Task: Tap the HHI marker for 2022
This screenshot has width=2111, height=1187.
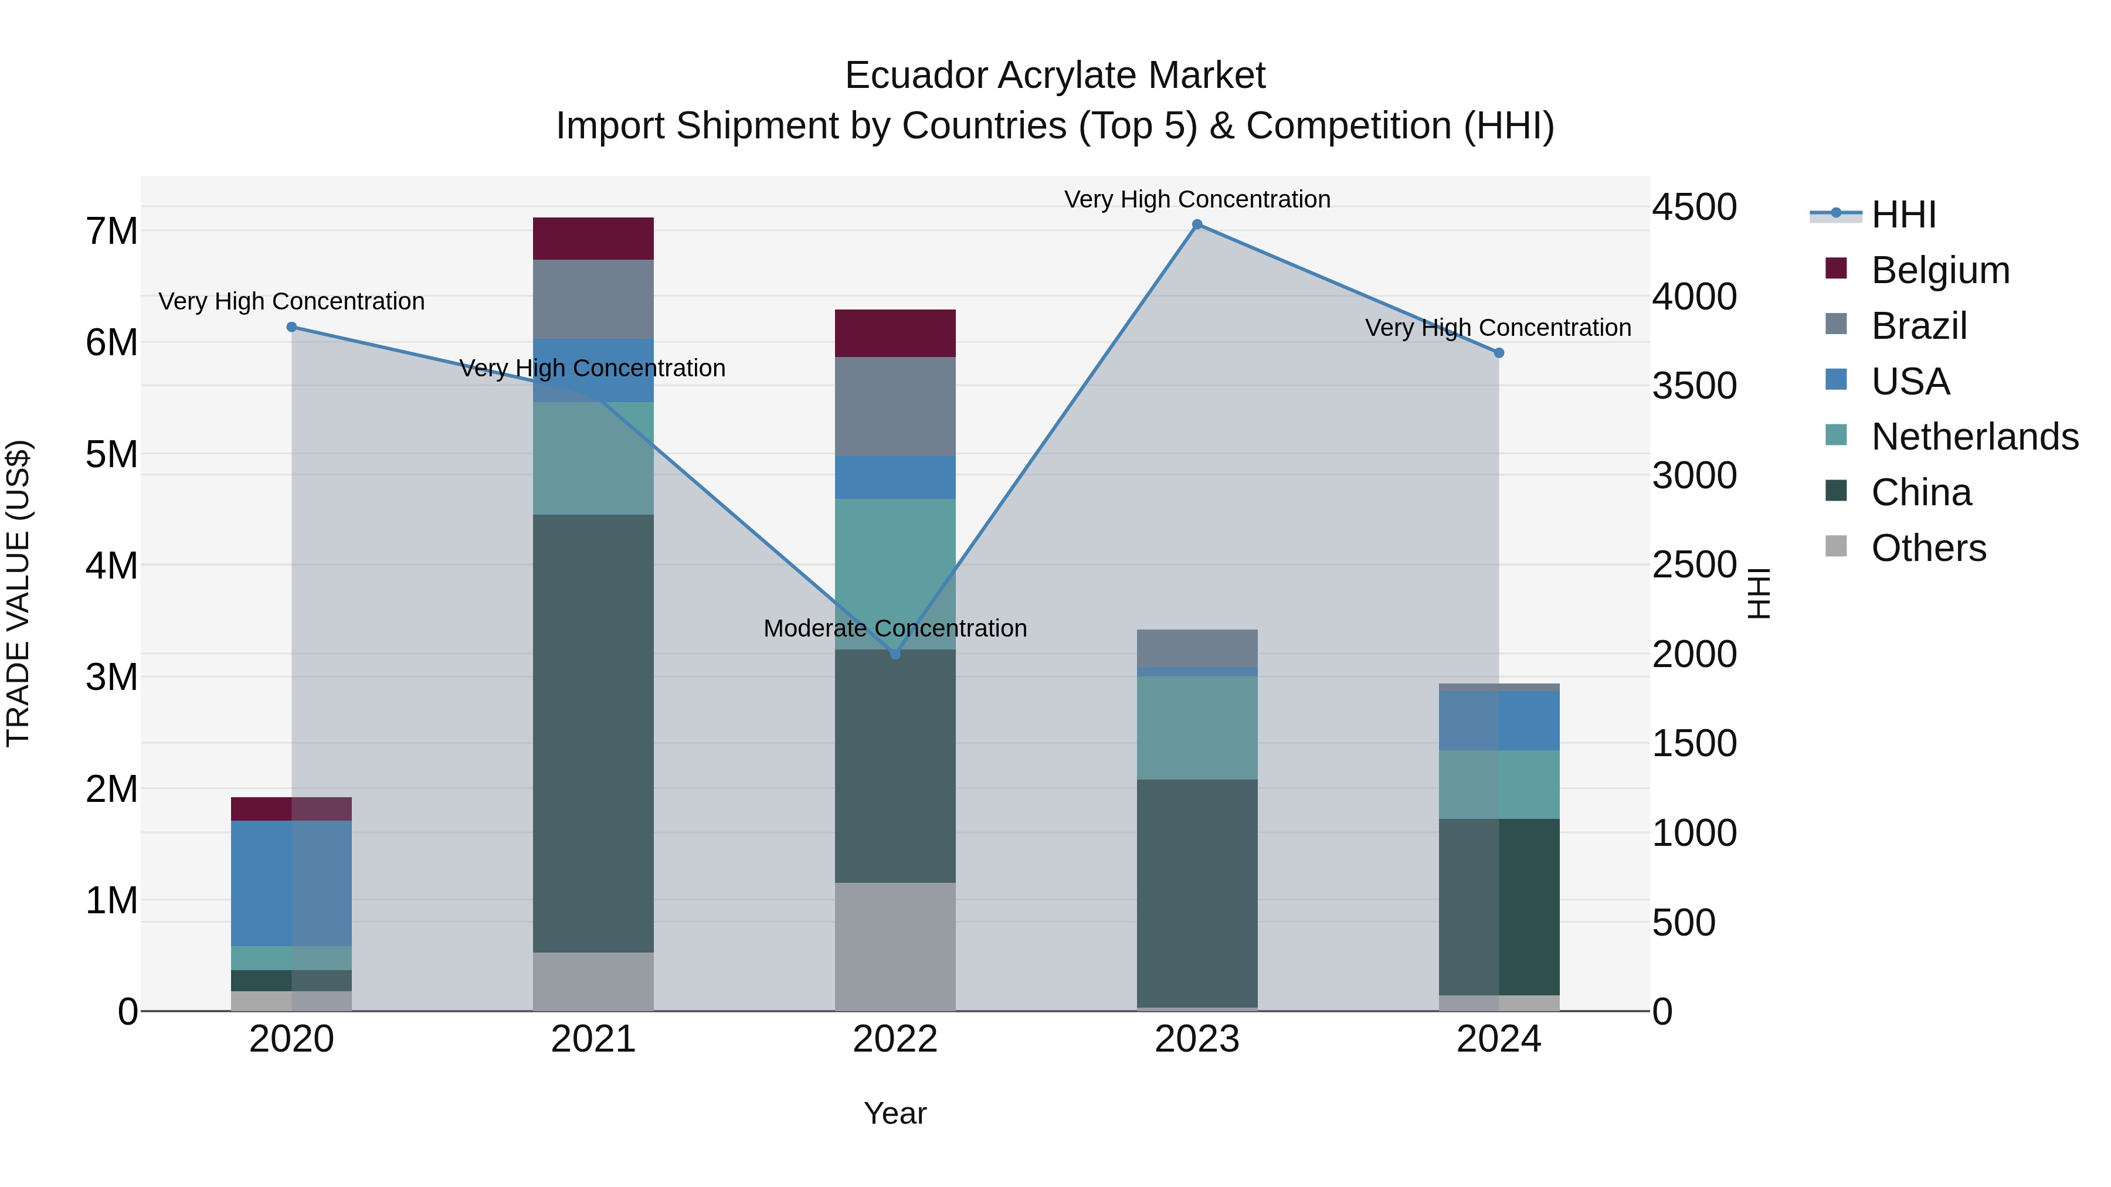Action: pyautogui.click(x=895, y=654)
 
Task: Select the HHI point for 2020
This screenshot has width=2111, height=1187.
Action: pyautogui.click(x=292, y=327)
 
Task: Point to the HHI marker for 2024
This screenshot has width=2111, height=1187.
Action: pyautogui.click(x=1499, y=353)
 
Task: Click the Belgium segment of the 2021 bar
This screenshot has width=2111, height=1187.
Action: pyautogui.click(x=593, y=239)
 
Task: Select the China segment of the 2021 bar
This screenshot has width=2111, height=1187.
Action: pyautogui.click(x=593, y=733)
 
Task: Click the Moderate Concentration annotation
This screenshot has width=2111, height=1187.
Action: pyautogui.click(x=895, y=628)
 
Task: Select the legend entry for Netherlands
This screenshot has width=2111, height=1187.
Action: pyautogui.click(x=1974, y=437)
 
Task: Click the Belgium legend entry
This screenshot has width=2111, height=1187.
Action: pyautogui.click(x=1940, y=270)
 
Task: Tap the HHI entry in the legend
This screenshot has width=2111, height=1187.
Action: pyautogui.click(x=1903, y=215)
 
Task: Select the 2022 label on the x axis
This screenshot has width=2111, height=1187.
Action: pyautogui.click(x=895, y=1039)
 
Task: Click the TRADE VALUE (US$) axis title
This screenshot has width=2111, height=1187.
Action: pyautogui.click(x=18, y=593)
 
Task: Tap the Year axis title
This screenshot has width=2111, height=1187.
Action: pyautogui.click(x=895, y=1113)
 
